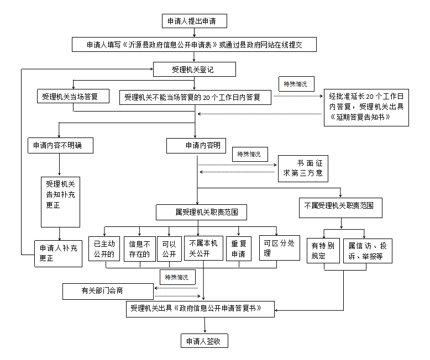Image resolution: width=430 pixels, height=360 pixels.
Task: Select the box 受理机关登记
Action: click(195, 69)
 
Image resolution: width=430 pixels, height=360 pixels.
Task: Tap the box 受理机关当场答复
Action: click(70, 97)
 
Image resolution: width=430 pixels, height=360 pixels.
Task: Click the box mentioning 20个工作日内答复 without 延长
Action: click(195, 97)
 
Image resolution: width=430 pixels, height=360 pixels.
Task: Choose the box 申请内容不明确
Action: click(60, 145)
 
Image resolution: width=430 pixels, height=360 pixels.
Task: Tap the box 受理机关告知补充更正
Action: click(60, 202)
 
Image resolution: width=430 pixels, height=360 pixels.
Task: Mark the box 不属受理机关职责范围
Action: click(339, 206)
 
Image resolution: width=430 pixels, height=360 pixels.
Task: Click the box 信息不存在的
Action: click(139, 248)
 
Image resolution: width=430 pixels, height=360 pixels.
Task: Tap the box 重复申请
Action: click(239, 248)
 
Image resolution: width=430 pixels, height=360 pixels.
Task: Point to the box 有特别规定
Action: click(323, 250)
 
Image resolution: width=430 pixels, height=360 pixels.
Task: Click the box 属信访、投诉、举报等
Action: click(367, 250)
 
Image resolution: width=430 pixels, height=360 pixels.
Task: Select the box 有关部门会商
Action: click(107, 290)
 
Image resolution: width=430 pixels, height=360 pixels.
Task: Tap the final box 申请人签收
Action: click(204, 341)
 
